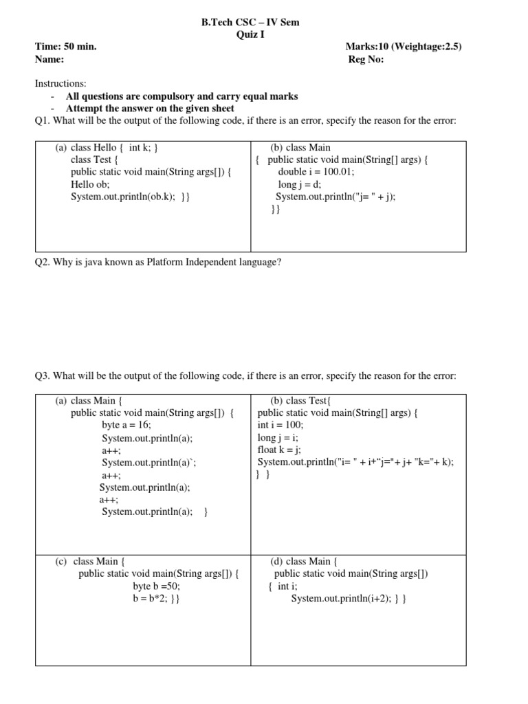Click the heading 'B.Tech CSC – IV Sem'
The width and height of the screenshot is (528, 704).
pos(250,22)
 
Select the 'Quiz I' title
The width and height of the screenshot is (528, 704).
pos(250,34)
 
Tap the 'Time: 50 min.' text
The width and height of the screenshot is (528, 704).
pos(66,47)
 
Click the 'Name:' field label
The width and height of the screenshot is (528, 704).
pos(49,59)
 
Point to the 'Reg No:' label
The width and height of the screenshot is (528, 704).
pos(366,59)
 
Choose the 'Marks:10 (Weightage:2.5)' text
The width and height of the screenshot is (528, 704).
pos(403,47)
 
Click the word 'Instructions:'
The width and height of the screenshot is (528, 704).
pos(60,83)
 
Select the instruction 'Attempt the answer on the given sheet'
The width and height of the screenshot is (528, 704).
pos(150,108)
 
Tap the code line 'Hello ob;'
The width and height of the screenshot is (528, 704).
pos(90,184)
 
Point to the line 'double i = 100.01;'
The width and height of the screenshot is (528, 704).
pos(316,172)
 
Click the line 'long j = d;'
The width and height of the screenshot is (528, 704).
pos(300,184)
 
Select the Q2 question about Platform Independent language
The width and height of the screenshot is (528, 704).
pos(158,262)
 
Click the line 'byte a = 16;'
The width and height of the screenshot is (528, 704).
pos(126,425)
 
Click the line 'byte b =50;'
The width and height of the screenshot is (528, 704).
pos(156,586)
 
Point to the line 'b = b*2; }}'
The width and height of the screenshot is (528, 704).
pos(157,598)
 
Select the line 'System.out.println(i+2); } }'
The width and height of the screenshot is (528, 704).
pos(349,598)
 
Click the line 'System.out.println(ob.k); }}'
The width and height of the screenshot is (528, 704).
pos(130,197)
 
